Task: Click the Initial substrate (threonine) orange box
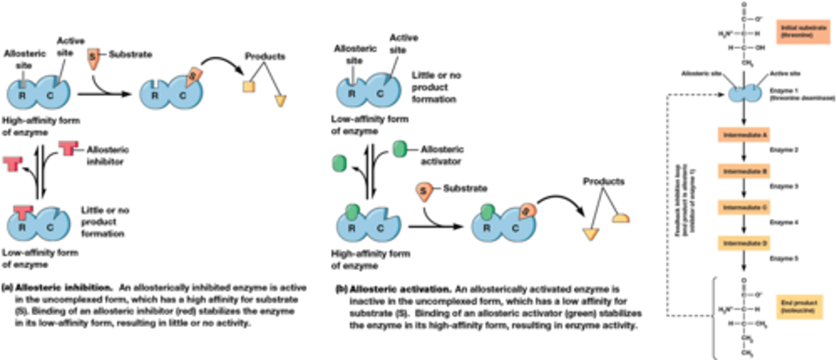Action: pyautogui.click(x=800, y=30)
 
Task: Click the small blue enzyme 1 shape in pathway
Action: pyautogui.click(x=744, y=94)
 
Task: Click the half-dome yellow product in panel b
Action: pyautogui.click(x=621, y=218)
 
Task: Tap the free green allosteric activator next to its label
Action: pyautogui.click(x=400, y=148)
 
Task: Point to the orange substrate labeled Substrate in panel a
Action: pyautogui.click(x=93, y=56)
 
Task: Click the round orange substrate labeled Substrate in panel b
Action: pyautogui.click(x=423, y=191)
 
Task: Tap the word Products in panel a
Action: pyautogui.click(x=264, y=56)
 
